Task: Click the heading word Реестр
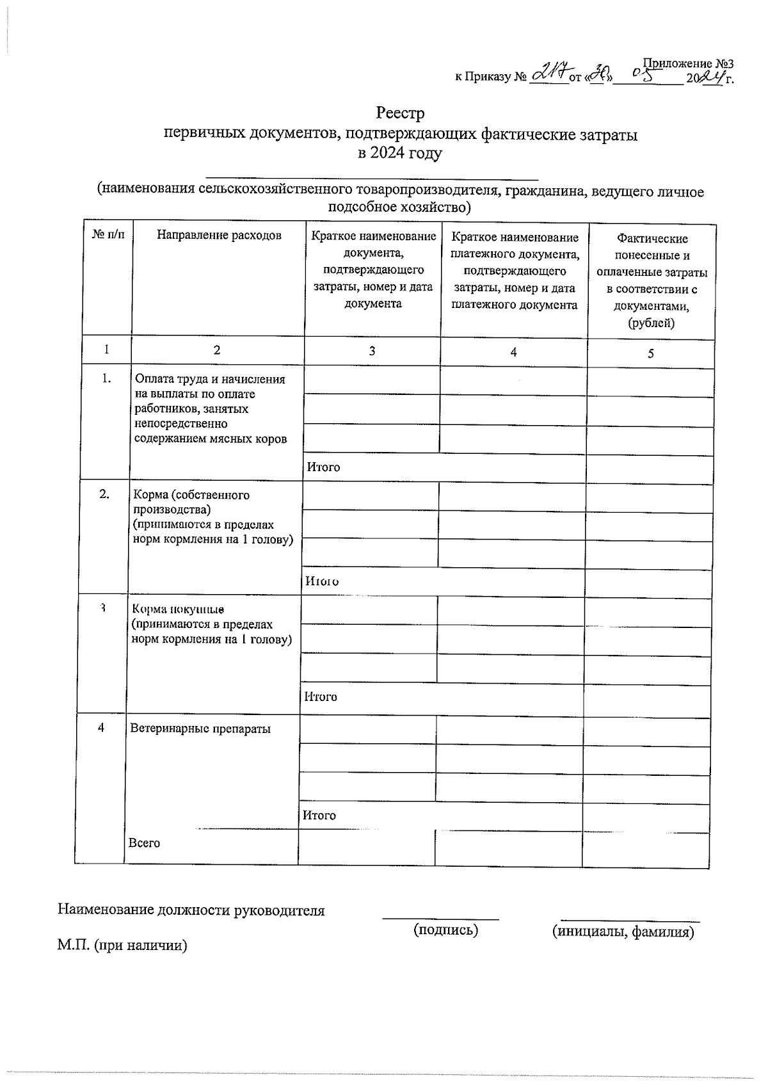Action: coord(400,113)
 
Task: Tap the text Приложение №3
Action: coord(687,64)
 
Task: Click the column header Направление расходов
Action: coord(219,235)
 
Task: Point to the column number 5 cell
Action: coord(651,353)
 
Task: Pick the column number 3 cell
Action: coord(372,351)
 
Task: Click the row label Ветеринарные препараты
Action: coord(200,729)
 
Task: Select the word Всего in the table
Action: coord(144,843)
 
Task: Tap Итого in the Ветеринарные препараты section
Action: coord(319,815)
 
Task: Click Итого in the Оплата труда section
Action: coord(323,467)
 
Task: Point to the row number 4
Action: coord(101,728)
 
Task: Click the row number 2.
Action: coord(104,494)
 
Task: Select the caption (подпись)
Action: coord(445,930)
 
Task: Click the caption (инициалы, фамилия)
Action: coord(623,931)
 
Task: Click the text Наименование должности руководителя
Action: coord(191,910)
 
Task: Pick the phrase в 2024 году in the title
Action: coord(400,154)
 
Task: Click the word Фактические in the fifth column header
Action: coord(652,239)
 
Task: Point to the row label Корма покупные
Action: coord(177,609)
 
